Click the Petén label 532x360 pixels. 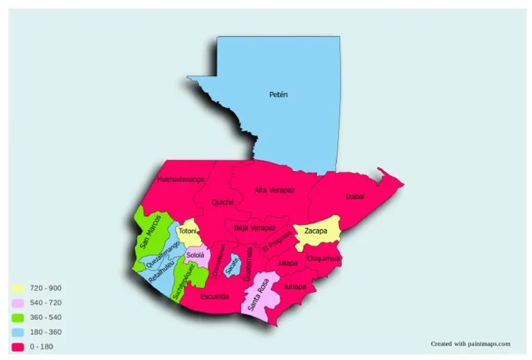278,94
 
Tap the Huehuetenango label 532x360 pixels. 180,179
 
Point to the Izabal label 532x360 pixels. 355,197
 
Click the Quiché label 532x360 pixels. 223,203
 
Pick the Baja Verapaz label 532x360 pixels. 255,228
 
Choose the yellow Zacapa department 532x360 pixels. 317,231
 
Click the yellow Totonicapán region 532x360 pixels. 188,231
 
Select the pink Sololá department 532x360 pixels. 196,255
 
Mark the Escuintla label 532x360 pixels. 214,296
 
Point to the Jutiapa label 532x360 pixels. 294,286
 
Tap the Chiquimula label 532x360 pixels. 323,258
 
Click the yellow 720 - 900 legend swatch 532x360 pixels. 18,287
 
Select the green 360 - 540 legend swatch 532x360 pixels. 18,317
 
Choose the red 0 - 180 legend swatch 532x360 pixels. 18,346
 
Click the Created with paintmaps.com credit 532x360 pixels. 470,343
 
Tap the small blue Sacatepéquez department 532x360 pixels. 234,266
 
